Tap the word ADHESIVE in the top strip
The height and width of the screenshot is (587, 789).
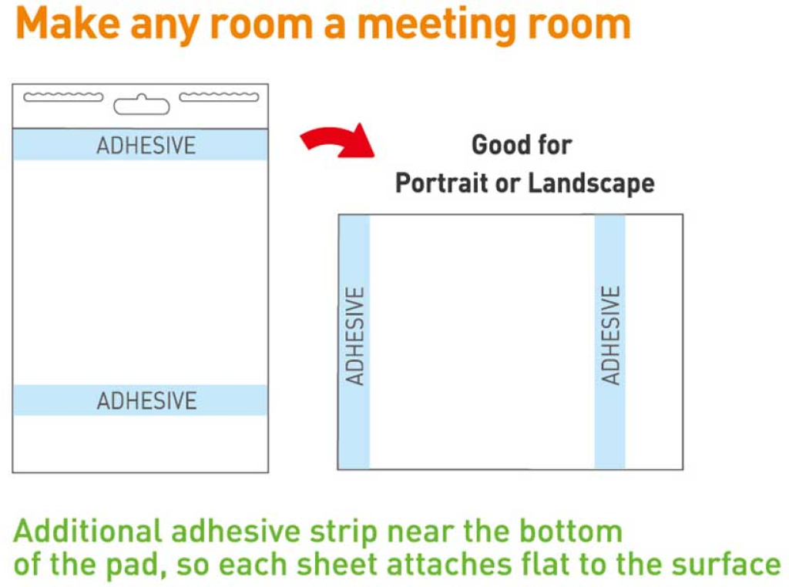(x=146, y=146)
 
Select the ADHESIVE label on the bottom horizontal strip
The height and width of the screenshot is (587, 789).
(x=146, y=401)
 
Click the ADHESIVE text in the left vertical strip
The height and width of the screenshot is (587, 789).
(x=354, y=336)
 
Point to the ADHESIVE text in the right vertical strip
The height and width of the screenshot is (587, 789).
(x=610, y=336)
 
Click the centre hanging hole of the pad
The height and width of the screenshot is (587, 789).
(x=142, y=105)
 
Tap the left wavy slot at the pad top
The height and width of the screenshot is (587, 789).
(x=63, y=97)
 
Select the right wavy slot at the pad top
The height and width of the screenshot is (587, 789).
(x=219, y=96)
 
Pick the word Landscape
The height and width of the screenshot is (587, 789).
(x=591, y=183)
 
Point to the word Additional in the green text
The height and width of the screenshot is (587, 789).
(x=88, y=531)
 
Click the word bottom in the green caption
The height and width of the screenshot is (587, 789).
(x=571, y=531)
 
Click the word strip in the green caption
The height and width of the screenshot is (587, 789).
(x=344, y=533)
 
